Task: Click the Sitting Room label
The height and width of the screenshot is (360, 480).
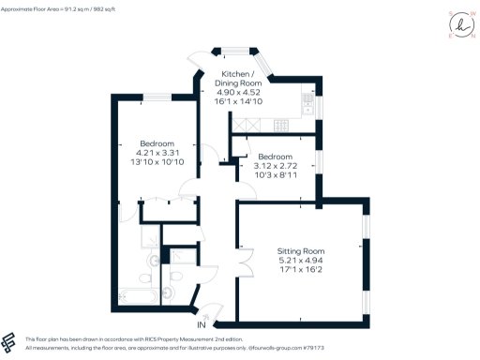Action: pos(301,251)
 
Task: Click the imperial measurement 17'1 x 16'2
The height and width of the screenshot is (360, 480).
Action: pos(301,272)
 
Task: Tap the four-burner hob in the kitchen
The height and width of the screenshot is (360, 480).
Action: pos(277,124)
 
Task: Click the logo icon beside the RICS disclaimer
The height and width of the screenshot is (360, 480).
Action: pos(10,342)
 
